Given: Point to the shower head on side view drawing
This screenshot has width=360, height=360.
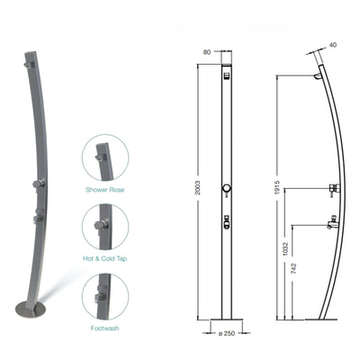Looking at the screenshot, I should (319, 77).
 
